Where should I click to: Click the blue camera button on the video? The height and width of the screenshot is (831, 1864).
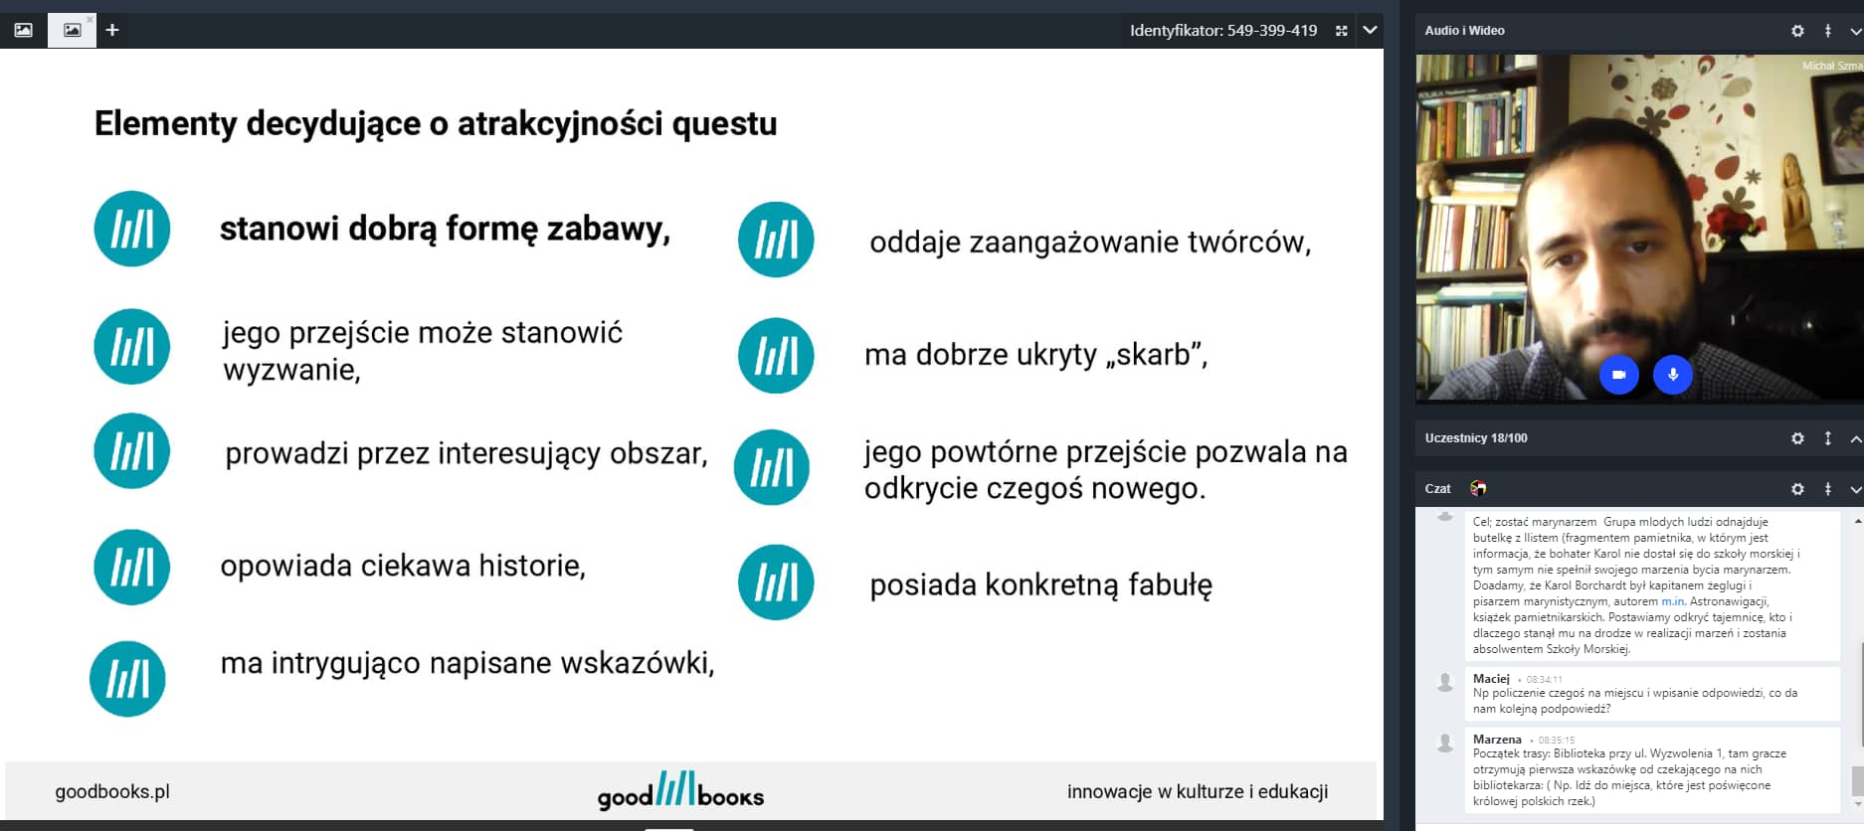(1618, 375)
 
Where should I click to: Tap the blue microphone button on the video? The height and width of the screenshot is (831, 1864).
(1673, 375)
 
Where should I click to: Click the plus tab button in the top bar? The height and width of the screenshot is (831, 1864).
(112, 30)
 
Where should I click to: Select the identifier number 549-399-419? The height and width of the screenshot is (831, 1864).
(1272, 31)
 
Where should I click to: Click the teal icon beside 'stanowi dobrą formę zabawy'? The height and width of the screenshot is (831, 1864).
(132, 229)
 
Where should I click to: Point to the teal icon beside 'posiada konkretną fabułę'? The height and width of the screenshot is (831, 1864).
(776, 582)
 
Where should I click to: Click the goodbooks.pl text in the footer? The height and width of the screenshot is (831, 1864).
(112, 791)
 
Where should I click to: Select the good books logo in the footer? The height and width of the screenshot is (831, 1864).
(680, 791)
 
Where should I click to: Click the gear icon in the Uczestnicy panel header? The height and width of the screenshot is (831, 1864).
(1797, 438)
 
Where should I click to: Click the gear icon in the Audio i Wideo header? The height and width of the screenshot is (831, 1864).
(1797, 31)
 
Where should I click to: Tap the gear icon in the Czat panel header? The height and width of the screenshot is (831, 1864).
(1797, 489)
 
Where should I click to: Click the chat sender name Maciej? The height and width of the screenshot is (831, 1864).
(1491, 678)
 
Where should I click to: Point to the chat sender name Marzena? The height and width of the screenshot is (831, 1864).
(1497, 739)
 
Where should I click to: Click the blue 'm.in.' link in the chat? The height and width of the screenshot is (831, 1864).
(1673, 601)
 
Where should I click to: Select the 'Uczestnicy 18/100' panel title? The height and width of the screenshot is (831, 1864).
(1476, 438)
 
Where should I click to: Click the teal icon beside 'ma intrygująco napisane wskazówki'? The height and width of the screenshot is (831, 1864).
(128, 679)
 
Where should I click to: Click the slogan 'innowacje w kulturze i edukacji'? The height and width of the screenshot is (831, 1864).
(1198, 791)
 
